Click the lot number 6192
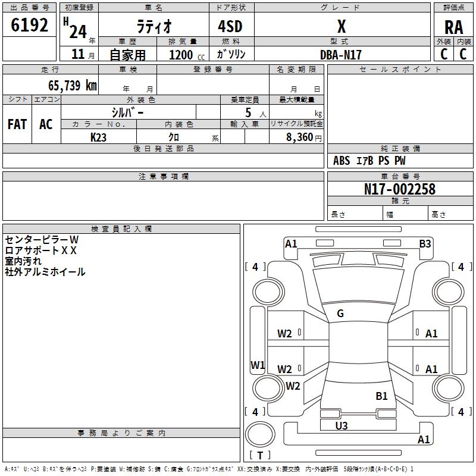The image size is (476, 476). point(29,25)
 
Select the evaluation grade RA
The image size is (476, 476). point(453,27)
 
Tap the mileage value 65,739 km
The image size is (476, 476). point(73,85)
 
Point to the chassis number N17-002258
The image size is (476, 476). point(399,189)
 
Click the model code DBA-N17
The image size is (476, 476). point(340,55)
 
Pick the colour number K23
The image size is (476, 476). point(98,137)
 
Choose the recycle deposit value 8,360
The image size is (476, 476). point(299,137)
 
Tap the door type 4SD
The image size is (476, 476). point(230,26)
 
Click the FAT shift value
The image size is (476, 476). point(17,124)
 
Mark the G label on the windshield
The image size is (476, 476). point(340,314)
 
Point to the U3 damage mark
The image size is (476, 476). point(341,425)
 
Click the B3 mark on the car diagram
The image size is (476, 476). point(425,244)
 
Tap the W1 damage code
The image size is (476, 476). point(258,365)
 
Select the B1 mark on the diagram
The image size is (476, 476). point(381,396)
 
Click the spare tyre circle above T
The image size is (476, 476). point(260,434)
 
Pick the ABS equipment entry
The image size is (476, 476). point(342,161)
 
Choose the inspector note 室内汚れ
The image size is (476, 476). point(23,261)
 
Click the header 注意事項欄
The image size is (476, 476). point(164,176)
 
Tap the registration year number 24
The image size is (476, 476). point(78,32)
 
